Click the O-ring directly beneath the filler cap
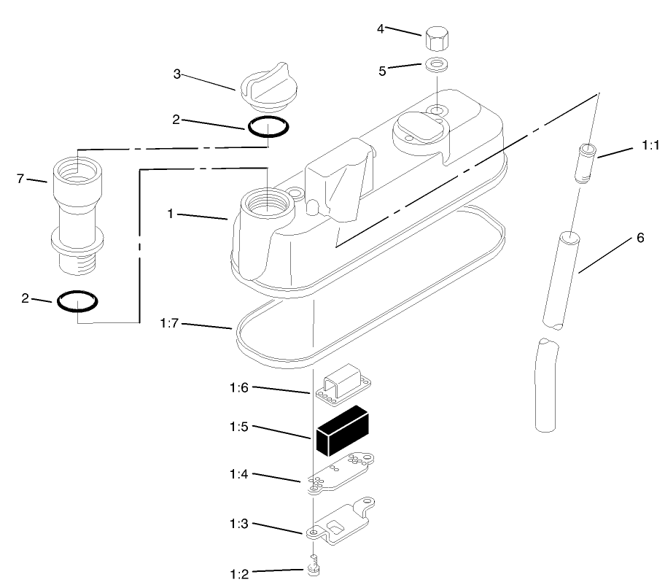(x=267, y=127)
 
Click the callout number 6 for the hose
(x=640, y=238)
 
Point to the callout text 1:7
(x=168, y=322)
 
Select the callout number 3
(x=177, y=74)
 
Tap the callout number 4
(x=380, y=28)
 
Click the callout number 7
(x=21, y=177)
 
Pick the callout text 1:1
(x=650, y=146)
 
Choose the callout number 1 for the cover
(x=169, y=214)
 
